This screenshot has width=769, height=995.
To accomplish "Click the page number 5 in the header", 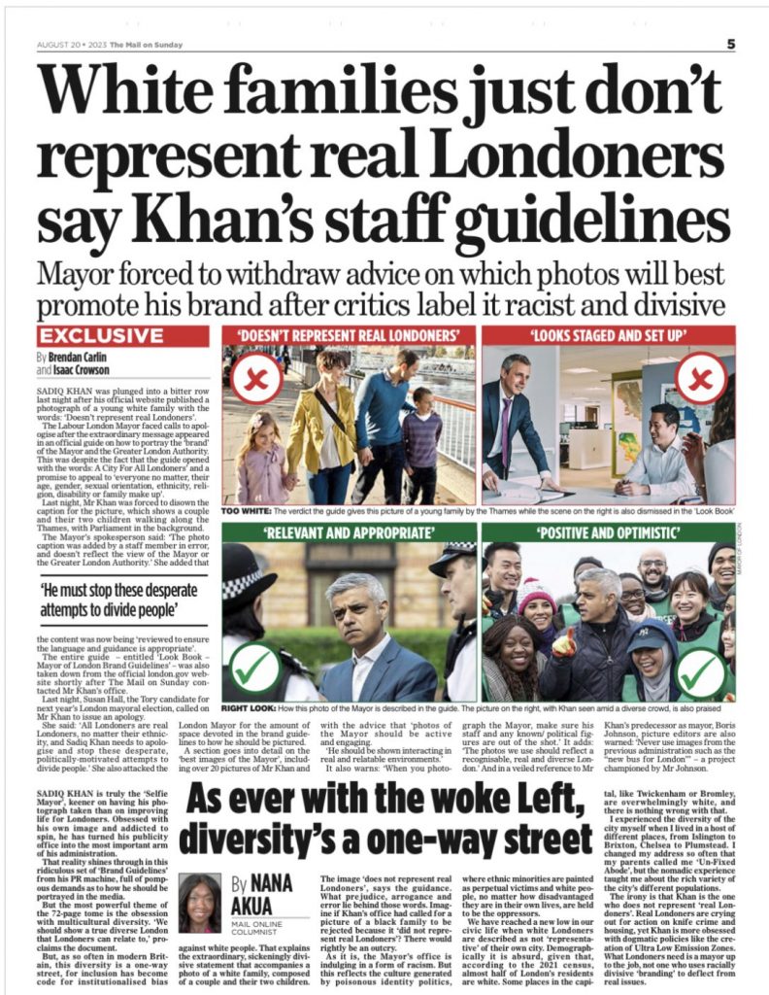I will (x=730, y=43).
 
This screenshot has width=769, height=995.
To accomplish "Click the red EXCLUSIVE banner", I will (x=101, y=336).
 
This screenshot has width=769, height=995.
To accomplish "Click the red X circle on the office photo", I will (x=702, y=378).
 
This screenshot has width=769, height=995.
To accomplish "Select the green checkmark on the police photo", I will (x=252, y=668).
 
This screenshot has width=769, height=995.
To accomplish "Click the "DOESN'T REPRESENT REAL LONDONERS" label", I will (x=349, y=336).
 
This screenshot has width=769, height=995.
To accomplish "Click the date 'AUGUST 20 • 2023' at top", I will (x=70, y=45).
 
